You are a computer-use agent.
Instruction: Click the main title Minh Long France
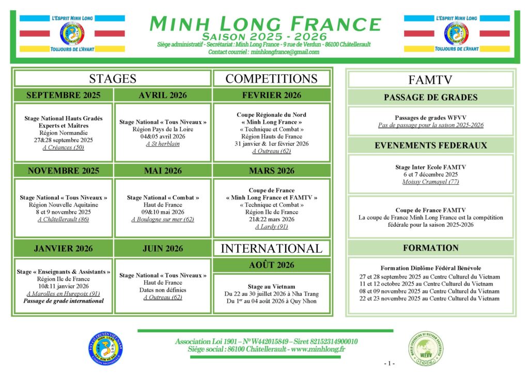tap(264, 23)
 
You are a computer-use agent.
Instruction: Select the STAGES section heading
tap(113, 79)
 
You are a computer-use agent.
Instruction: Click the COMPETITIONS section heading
tap(271, 79)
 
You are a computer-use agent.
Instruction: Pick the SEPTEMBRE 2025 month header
tap(63, 95)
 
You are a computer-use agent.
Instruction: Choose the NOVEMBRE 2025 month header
tap(63, 170)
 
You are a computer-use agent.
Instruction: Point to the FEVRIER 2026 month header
tap(271, 95)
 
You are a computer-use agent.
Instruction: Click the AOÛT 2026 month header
tap(271, 265)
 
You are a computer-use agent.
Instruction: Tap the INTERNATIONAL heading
tap(271, 248)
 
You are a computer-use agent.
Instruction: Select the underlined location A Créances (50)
tap(63, 147)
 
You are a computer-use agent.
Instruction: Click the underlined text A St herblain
tap(163, 144)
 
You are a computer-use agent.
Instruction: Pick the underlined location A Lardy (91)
tap(271, 226)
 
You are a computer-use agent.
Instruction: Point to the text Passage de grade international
tap(63, 301)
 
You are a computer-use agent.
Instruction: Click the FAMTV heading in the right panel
tap(430, 80)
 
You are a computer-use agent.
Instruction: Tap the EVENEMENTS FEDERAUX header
tap(430, 145)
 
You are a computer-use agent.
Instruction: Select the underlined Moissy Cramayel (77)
tap(430, 181)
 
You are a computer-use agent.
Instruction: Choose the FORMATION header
tap(430, 248)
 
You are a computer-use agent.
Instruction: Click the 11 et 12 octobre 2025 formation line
tap(430, 284)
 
